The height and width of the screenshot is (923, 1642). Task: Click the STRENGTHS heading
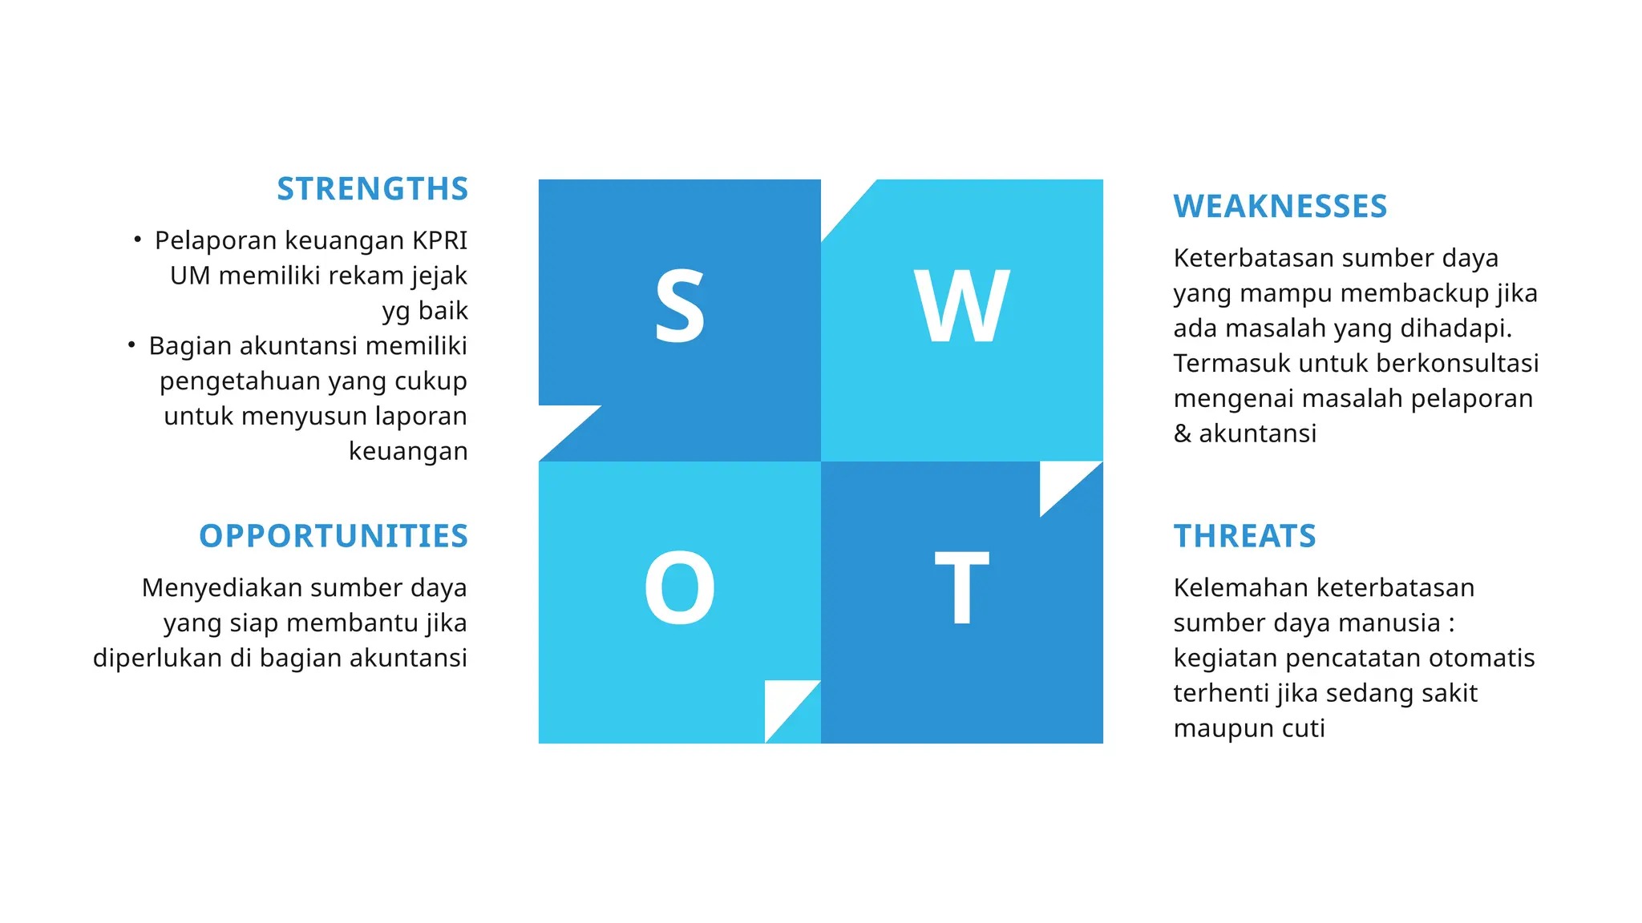click(x=372, y=189)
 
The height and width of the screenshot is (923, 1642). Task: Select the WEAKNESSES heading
click(x=1280, y=207)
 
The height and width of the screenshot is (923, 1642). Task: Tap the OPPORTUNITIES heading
click(x=333, y=536)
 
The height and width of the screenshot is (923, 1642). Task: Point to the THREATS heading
click(x=1244, y=536)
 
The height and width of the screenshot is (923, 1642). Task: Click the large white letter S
click(x=679, y=306)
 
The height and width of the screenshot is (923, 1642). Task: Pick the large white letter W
click(x=961, y=306)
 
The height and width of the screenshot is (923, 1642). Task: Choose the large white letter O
click(x=679, y=588)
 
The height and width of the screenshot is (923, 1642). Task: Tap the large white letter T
click(x=961, y=588)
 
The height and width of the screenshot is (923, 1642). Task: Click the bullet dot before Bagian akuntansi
click(x=131, y=345)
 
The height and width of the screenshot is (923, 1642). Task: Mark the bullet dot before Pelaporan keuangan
click(x=138, y=239)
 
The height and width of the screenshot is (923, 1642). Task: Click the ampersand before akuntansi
click(x=1182, y=433)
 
